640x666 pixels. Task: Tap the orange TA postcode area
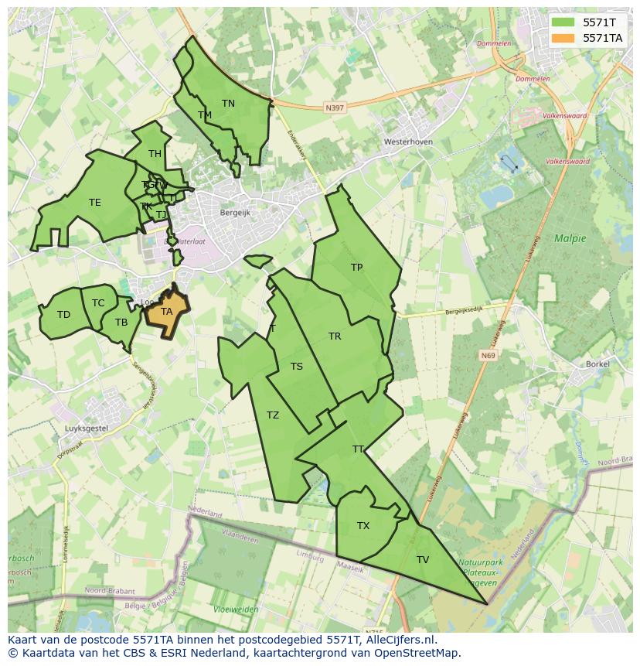click(x=167, y=312)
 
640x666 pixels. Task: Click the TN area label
click(x=228, y=103)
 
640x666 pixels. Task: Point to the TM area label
click(x=205, y=115)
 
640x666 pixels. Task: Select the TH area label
click(x=155, y=153)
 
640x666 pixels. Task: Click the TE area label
click(x=94, y=203)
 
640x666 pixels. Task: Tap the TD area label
click(x=63, y=314)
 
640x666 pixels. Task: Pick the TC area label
click(x=98, y=303)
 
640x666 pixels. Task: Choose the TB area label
click(x=121, y=323)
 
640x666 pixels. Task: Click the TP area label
click(x=356, y=268)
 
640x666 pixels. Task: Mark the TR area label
click(x=335, y=336)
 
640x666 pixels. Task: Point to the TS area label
click(x=297, y=367)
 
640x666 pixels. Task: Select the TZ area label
click(x=273, y=415)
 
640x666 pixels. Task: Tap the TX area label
click(x=363, y=526)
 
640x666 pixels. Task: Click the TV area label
click(x=423, y=559)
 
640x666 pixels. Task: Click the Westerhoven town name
click(x=408, y=142)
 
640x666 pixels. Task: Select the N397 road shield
click(x=335, y=108)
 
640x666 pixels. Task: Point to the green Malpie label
click(x=570, y=238)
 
